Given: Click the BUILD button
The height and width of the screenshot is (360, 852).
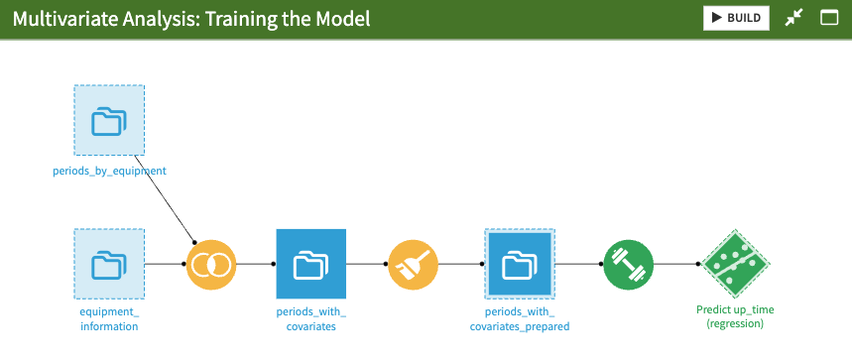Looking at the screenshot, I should (x=736, y=18).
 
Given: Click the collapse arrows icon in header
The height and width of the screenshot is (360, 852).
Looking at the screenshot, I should (x=793, y=18).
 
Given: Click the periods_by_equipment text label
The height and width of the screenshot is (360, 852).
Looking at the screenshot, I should (x=109, y=171).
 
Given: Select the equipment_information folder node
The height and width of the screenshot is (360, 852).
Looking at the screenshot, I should (x=109, y=264).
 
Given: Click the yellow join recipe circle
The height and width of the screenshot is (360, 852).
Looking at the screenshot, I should (x=211, y=265).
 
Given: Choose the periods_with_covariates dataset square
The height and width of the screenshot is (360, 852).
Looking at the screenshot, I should (x=310, y=264).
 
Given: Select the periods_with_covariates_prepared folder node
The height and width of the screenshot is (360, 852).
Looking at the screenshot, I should (x=520, y=264).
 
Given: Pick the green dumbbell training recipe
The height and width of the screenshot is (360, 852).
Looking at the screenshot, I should (x=628, y=265).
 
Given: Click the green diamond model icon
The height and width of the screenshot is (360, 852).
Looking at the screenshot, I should (x=735, y=265).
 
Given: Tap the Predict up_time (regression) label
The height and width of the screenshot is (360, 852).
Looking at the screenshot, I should (x=735, y=316).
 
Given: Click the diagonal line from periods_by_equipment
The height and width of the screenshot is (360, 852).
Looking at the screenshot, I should (x=162, y=197).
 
